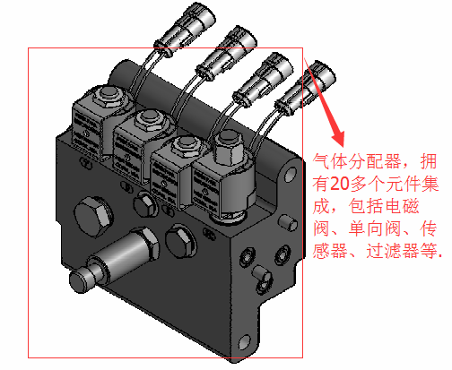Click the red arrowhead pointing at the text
[x=339, y=138]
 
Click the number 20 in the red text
[x=341, y=184]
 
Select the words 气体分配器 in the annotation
[x=357, y=161]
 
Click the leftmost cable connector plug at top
[x=186, y=30]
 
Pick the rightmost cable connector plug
[x=305, y=90]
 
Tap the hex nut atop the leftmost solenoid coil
[x=109, y=96]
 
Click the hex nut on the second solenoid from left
[x=150, y=120]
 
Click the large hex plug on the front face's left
[x=93, y=216]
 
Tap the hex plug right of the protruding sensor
[x=180, y=240]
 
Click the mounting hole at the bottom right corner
[x=245, y=341]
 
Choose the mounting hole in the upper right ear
[x=290, y=175]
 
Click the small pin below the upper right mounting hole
[x=289, y=223]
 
